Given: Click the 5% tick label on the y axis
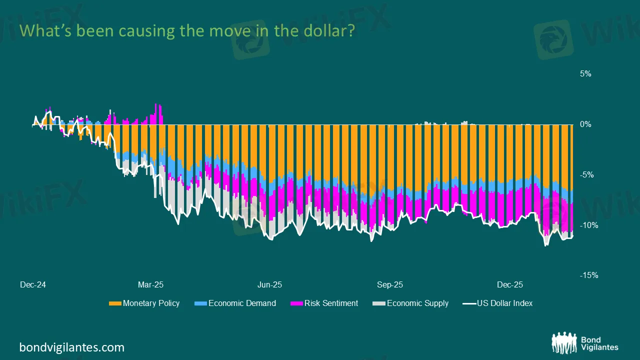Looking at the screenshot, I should [x=585, y=74].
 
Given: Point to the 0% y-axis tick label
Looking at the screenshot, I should [x=585, y=124].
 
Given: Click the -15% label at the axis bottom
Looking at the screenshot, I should [x=588, y=275].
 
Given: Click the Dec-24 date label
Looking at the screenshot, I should [x=33, y=285].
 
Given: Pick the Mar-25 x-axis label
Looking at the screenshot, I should [x=150, y=285].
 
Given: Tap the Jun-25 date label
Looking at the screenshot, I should [x=269, y=285].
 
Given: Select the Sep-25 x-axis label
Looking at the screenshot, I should [x=390, y=285].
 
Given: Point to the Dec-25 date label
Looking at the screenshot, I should [x=510, y=285].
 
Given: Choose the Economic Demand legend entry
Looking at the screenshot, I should [x=242, y=303].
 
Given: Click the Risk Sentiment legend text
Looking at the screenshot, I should [x=331, y=303].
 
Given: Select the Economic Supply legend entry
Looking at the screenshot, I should [x=417, y=303].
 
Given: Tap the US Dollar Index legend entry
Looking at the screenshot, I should [x=504, y=303].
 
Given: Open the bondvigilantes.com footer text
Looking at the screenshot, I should [x=71, y=347].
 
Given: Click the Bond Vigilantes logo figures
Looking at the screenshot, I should [x=564, y=343].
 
